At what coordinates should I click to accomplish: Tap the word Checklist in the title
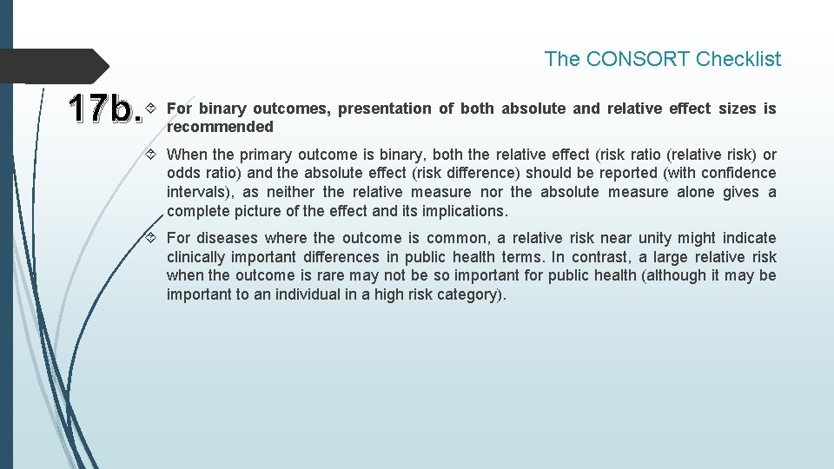point(738,59)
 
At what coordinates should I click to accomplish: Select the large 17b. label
point(105,109)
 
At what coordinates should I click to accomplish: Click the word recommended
point(220,127)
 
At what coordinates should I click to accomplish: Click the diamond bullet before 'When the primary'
point(153,155)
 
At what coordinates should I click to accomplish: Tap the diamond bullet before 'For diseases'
point(153,238)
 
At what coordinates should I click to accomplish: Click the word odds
point(183,174)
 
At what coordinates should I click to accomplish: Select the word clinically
point(198,257)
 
